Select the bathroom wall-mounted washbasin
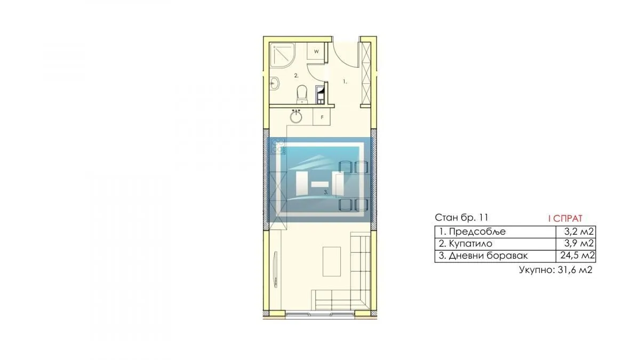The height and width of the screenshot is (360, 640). click(274, 83)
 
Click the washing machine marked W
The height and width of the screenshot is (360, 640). click(316, 52)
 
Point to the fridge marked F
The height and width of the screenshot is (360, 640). click(322, 116)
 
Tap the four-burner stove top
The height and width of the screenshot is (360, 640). click(279, 146)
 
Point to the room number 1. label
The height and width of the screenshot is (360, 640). click(345, 82)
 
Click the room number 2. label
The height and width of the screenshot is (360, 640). click(297, 76)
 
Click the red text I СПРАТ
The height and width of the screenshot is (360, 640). click(565, 218)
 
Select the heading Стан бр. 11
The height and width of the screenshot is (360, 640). click(461, 218)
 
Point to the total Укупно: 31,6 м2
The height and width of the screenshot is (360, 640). click(556, 270)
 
